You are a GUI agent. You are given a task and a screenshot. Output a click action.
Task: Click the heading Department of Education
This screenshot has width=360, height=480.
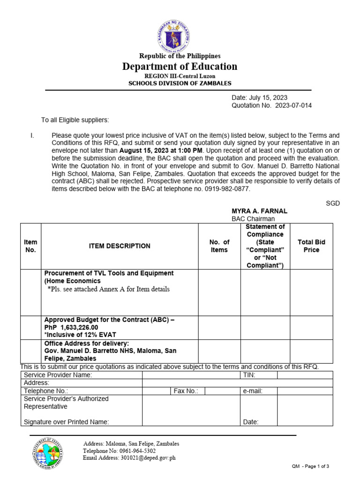click(x=180, y=67)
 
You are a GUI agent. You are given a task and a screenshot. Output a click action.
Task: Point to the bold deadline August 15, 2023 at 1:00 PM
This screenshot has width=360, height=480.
click(x=161, y=150)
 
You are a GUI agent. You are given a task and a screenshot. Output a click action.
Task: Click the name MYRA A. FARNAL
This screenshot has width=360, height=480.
click(x=260, y=211)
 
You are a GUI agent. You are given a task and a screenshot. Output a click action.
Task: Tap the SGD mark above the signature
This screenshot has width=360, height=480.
click(x=333, y=203)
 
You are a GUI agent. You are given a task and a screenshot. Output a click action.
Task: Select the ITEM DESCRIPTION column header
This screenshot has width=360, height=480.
click(x=120, y=246)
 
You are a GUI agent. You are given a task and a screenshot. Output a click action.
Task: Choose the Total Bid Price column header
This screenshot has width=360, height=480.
click(x=311, y=246)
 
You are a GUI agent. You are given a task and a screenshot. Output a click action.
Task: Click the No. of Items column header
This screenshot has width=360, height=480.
click(x=219, y=246)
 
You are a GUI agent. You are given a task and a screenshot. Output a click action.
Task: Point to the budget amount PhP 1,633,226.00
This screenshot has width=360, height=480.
click(x=71, y=327)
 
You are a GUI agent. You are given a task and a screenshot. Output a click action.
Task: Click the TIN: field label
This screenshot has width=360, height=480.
click(x=249, y=375)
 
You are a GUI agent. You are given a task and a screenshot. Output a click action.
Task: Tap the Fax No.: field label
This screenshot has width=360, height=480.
click(x=186, y=391)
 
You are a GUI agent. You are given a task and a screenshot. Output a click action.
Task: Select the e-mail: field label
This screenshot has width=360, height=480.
click(x=253, y=391)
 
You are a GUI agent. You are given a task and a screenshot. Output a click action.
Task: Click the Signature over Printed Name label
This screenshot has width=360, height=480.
click(x=66, y=422)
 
